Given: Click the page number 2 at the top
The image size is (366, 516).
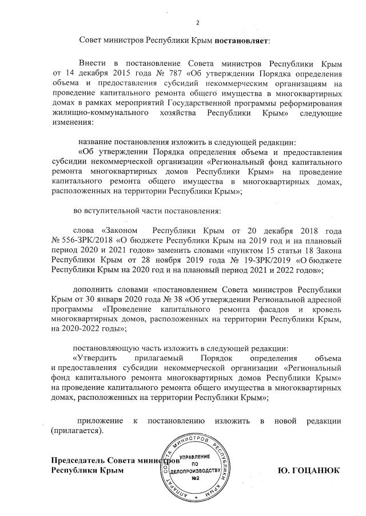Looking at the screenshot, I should point(198,23).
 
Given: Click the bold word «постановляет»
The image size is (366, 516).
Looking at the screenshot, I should point(240,41).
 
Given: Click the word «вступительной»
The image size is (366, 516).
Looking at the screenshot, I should point(116,211).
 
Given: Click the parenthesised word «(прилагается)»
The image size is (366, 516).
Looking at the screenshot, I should point(77,430).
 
